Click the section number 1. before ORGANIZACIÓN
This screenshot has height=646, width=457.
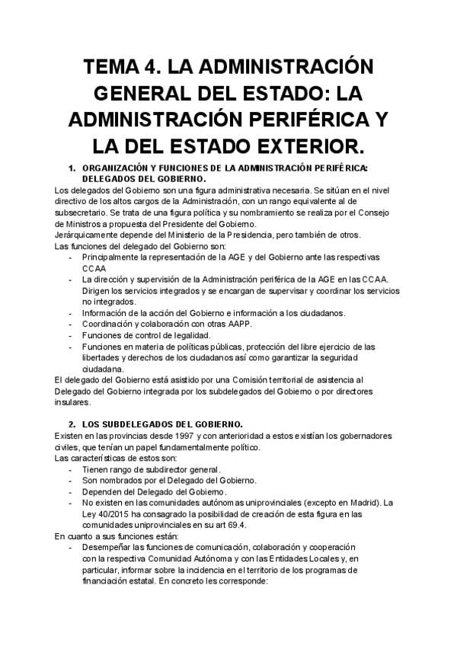(72, 168)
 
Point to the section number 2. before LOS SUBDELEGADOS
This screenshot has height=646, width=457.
(72, 424)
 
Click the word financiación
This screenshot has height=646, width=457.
(114, 579)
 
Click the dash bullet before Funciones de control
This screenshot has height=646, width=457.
(70, 335)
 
